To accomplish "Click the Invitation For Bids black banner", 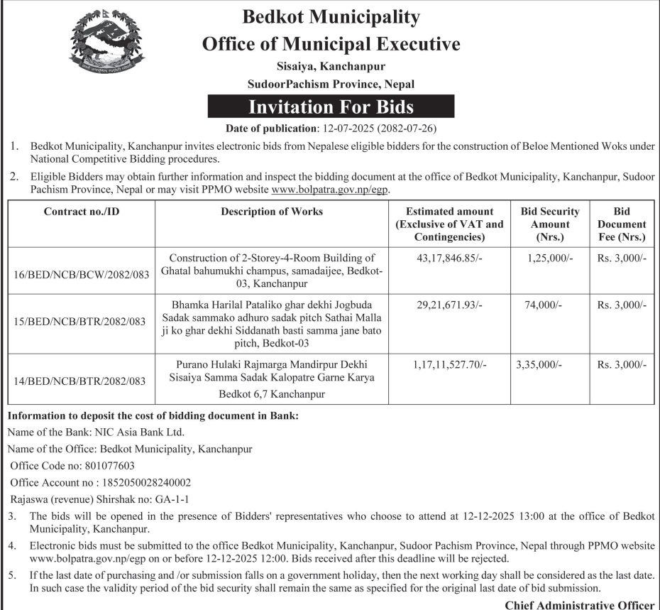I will [x=331, y=107].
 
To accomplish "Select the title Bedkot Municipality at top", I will [x=331, y=16].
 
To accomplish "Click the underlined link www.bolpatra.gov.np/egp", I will [x=331, y=190].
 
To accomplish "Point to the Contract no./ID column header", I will [x=82, y=212].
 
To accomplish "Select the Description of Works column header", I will [x=272, y=212].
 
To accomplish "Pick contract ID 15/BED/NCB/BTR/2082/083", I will [x=82, y=322].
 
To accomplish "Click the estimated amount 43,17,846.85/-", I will [x=449, y=258].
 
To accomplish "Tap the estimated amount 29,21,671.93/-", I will [x=449, y=304].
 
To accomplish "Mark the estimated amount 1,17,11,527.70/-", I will [x=449, y=364].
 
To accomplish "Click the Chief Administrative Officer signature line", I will [x=579, y=604].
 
